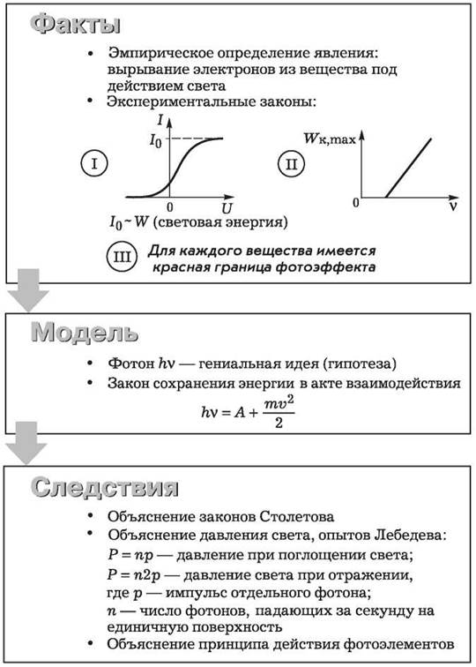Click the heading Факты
click(75, 24)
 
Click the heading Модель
click(85, 333)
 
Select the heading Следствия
click(105, 487)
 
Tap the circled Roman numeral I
click(94, 163)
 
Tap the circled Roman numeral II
click(292, 163)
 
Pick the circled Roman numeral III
click(122, 257)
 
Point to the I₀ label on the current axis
click(155, 140)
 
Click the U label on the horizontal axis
click(227, 208)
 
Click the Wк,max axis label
click(330, 139)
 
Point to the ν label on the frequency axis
click(453, 206)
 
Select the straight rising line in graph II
click(408, 168)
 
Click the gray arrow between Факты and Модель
click(28, 290)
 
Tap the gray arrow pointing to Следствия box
click(26, 443)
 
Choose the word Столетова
click(297, 517)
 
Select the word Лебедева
click(411, 535)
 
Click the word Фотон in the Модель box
click(131, 363)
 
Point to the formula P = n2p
click(134, 575)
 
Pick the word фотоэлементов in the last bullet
click(398, 644)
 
